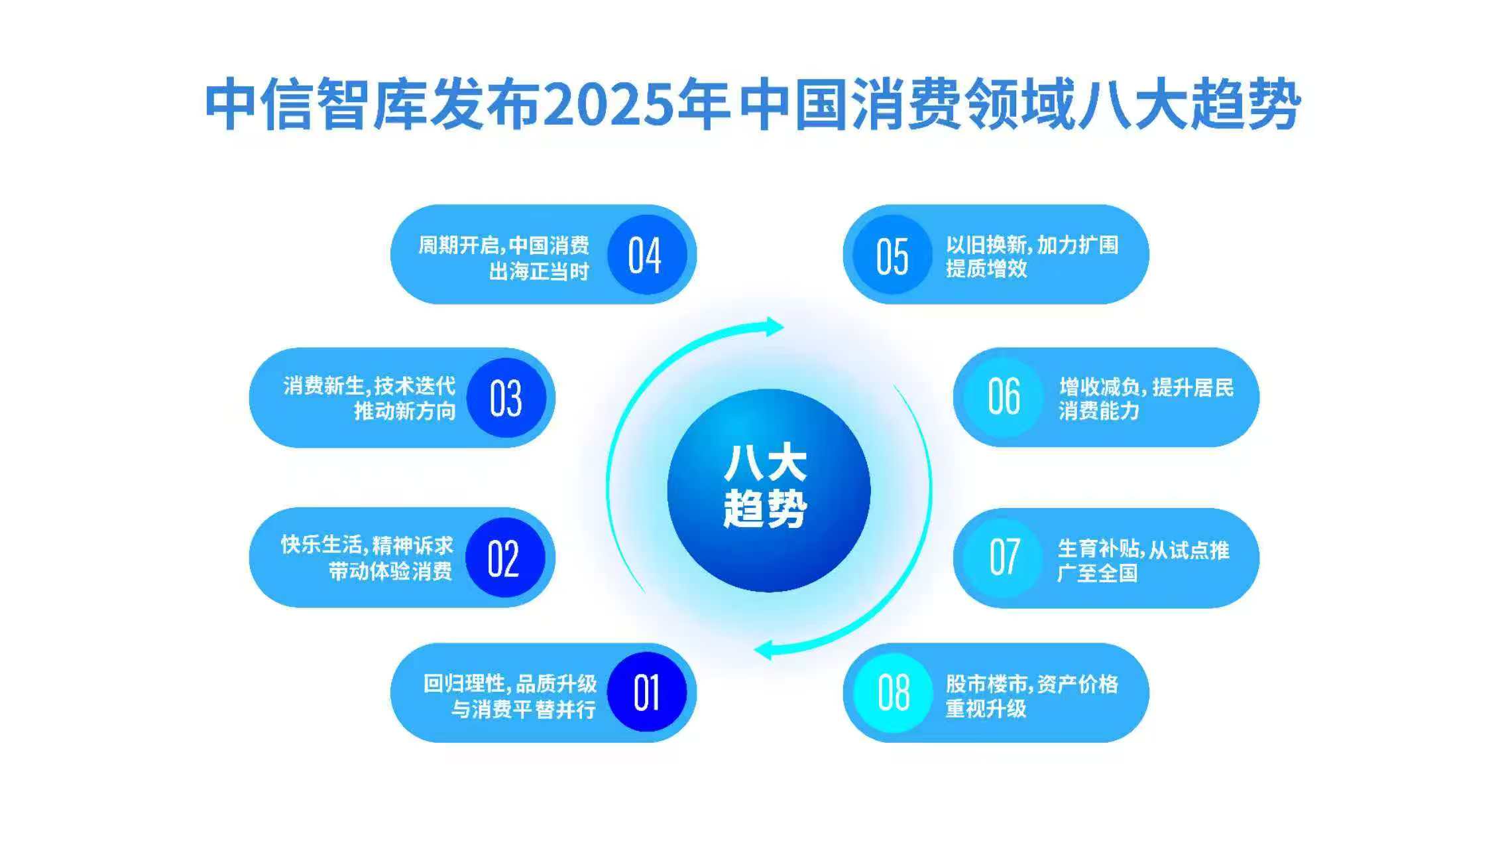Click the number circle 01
(646, 692)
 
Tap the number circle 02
(504, 558)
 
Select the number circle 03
(506, 398)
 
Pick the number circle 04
(646, 255)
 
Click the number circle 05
(892, 255)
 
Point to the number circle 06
(1003, 397)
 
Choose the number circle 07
(1004, 558)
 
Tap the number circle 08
(892, 692)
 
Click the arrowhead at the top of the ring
(773, 326)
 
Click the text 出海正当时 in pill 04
(538, 271)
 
